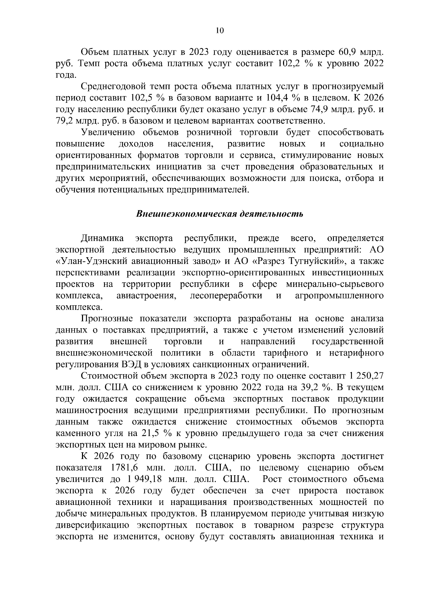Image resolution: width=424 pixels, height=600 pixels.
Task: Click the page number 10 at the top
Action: tap(219, 31)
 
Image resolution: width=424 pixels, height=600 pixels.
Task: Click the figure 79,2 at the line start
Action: tap(64, 121)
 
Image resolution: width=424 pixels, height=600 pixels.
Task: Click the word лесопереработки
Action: tap(226, 295)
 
